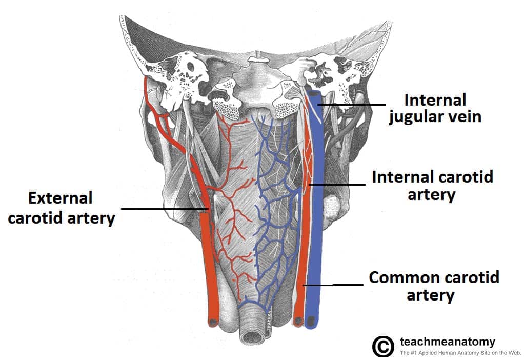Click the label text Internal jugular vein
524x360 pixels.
point(435,108)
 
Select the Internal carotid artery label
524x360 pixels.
point(432,186)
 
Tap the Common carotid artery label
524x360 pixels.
point(434,286)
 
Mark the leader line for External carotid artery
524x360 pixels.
point(164,209)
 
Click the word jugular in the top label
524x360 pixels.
point(418,116)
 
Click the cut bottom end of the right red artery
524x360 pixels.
point(298,321)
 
